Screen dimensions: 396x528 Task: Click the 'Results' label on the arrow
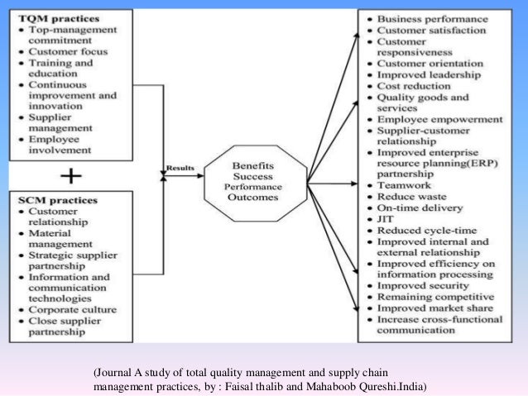point(180,168)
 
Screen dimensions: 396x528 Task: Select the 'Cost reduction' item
point(416,84)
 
